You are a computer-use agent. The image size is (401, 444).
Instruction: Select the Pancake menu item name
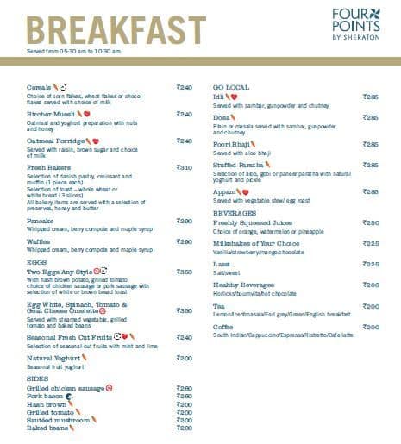(41, 221)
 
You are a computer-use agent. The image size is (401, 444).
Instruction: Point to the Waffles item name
(40, 242)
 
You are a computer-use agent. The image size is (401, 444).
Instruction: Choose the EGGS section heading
(37, 262)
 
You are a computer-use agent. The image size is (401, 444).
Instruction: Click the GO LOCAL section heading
(231, 87)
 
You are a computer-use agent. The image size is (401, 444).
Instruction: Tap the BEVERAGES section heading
(235, 212)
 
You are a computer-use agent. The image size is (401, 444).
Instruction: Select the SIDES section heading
(38, 378)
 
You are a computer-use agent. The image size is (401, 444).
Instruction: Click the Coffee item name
(223, 328)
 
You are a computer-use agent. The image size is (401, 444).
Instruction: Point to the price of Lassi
(371, 264)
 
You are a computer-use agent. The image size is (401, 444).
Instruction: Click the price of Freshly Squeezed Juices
(371, 222)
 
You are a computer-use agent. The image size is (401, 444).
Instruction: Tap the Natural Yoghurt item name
(53, 357)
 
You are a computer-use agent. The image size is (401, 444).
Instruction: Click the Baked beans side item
(47, 428)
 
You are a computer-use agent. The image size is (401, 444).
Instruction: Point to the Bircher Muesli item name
(50, 113)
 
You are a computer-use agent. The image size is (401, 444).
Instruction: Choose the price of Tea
(371, 306)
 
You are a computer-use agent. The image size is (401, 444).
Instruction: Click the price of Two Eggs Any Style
(184, 272)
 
